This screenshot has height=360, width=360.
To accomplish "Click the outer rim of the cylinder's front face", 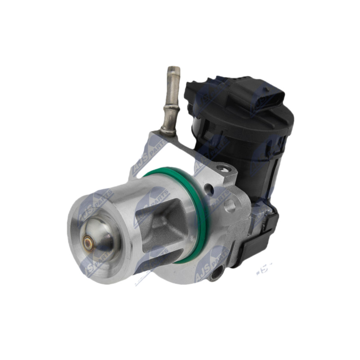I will [x=74, y=252].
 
